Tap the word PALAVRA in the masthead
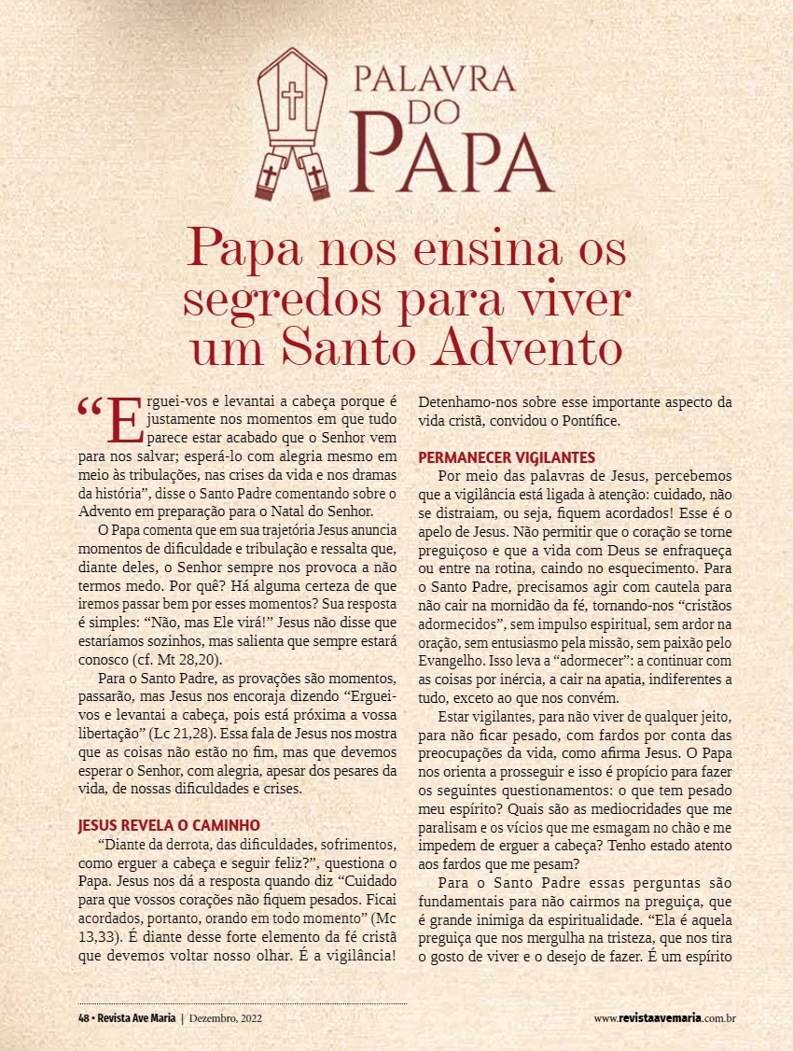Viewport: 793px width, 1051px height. click(434, 77)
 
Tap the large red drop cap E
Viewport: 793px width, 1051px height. click(125, 421)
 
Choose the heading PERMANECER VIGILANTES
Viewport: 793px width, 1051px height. click(507, 457)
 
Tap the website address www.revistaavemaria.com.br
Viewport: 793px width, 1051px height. click(665, 1017)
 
